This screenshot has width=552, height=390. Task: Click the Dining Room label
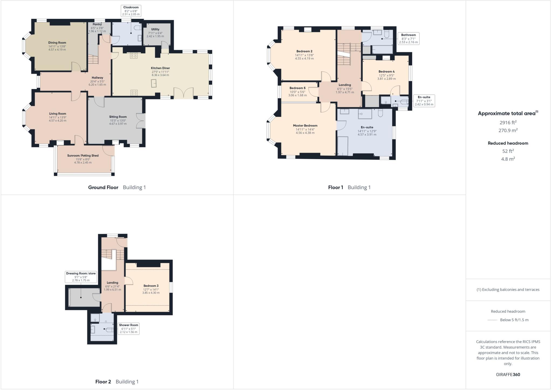57,43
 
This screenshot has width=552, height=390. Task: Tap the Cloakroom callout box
131,11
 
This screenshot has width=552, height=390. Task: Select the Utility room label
155,29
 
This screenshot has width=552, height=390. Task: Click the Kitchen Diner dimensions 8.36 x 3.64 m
160,75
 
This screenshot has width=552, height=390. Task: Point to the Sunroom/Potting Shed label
83,156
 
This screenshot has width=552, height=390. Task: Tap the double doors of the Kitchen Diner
183,93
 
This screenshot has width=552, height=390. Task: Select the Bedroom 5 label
297,88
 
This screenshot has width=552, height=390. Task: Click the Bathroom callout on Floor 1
408,38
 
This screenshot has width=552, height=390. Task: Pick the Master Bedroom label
305,126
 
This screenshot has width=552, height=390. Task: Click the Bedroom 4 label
387,71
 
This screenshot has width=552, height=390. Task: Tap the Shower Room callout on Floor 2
129,328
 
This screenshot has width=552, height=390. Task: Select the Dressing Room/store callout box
81,277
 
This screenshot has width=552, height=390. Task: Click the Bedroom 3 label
151,286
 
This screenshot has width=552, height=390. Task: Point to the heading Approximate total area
506,113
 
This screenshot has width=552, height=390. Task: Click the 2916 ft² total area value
508,122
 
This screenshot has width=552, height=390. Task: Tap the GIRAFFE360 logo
508,374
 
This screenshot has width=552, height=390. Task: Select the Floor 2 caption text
103,382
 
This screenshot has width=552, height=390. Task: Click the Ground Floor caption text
103,187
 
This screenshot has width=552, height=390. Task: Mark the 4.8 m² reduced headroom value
508,159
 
